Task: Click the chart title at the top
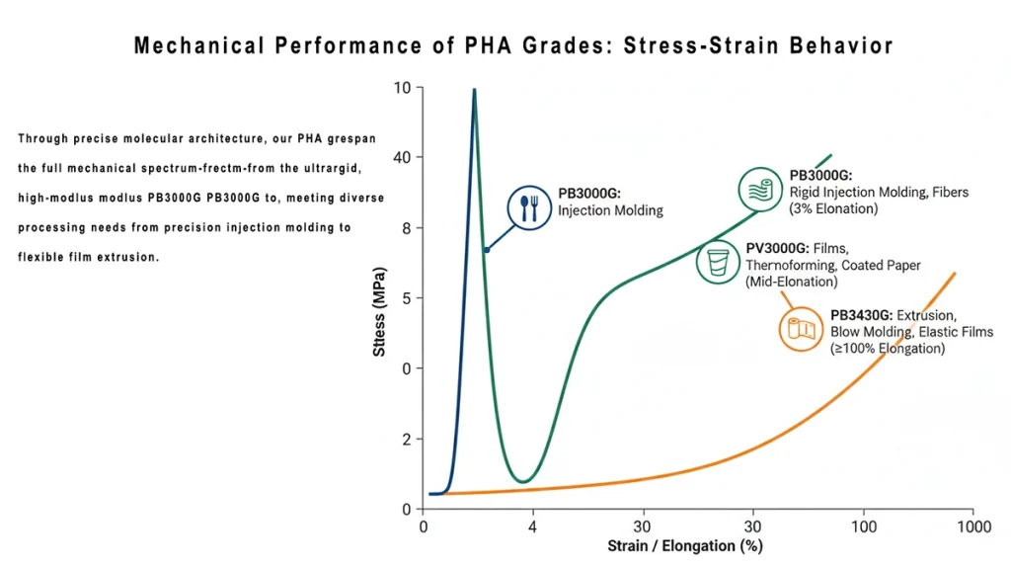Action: click(x=512, y=45)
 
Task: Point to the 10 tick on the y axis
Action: click(x=402, y=88)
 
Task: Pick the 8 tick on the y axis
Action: click(x=405, y=228)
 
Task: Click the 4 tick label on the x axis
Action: click(x=533, y=527)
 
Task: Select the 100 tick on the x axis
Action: click(x=864, y=527)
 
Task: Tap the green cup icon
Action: click(x=717, y=262)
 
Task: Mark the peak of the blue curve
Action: click(x=474, y=90)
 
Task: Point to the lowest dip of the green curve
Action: click(x=525, y=481)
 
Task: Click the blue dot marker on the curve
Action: click(x=486, y=250)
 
